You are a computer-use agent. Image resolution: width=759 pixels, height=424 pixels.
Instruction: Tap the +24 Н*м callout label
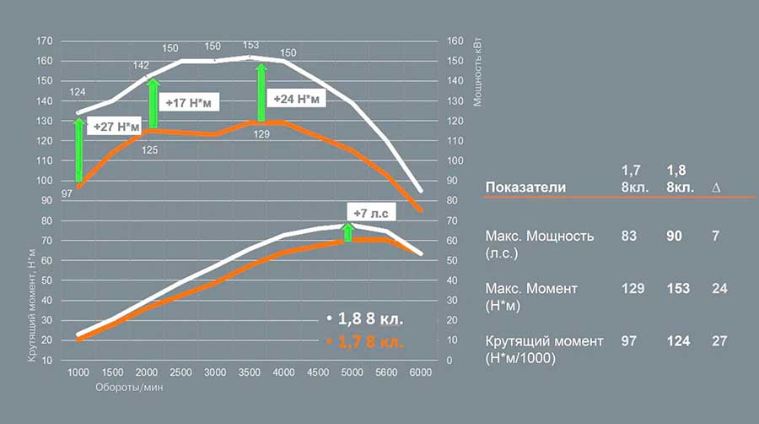(x=296, y=99)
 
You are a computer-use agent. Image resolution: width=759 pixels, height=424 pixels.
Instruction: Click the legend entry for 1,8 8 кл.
(x=366, y=319)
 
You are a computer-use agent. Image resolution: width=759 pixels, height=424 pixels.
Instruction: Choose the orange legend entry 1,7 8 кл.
(x=366, y=342)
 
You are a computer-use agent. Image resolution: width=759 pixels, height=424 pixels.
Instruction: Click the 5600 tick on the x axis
(x=385, y=373)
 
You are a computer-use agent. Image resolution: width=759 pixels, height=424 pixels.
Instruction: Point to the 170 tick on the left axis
(x=46, y=41)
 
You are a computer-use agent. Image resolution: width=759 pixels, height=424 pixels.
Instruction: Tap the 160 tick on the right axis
(x=454, y=41)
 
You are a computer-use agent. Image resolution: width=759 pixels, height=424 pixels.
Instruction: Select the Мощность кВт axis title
(x=477, y=76)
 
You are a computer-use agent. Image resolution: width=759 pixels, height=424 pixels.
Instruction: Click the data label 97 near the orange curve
(x=67, y=194)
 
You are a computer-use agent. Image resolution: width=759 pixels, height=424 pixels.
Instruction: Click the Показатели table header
(x=525, y=187)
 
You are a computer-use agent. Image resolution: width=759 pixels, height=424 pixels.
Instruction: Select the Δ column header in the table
(x=715, y=187)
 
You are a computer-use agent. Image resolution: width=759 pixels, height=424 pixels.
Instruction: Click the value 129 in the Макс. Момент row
(x=633, y=288)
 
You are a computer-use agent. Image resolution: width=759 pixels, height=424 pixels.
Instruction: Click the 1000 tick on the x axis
(x=78, y=373)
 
